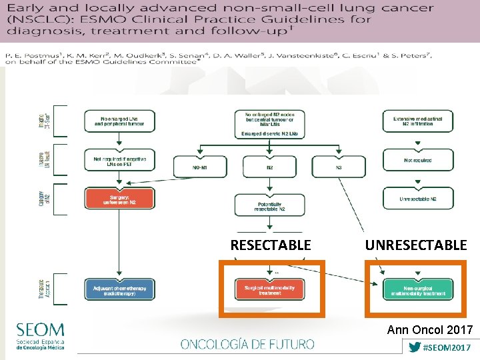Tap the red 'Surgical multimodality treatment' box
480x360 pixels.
(269, 289)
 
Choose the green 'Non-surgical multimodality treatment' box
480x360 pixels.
(417, 289)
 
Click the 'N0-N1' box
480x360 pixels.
(199, 167)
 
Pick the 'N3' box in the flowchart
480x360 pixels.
(339, 167)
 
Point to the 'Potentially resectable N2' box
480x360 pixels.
(269, 206)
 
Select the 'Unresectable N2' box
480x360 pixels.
(417, 199)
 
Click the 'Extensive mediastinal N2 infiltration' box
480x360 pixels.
(417, 121)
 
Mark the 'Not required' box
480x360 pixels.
(417, 160)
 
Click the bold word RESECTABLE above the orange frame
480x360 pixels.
(271, 245)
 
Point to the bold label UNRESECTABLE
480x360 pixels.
(415, 245)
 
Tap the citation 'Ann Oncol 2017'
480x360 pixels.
(429, 329)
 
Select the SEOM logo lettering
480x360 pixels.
(41, 330)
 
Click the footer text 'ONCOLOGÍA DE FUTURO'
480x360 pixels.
(247, 344)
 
